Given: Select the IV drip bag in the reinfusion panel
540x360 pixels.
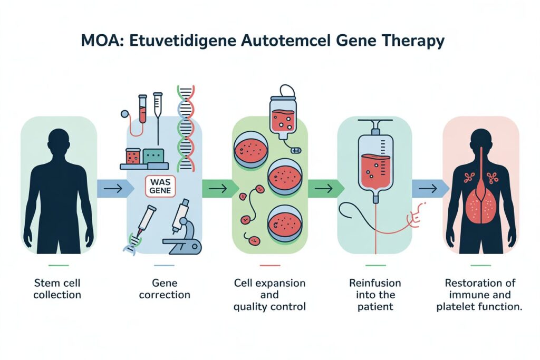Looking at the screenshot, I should [x=375, y=161].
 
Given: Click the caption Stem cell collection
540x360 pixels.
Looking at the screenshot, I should [x=57, y=289].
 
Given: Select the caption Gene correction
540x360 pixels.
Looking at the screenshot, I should [x=163, y=289].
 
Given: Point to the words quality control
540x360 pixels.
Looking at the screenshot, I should [x=269, y=306].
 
